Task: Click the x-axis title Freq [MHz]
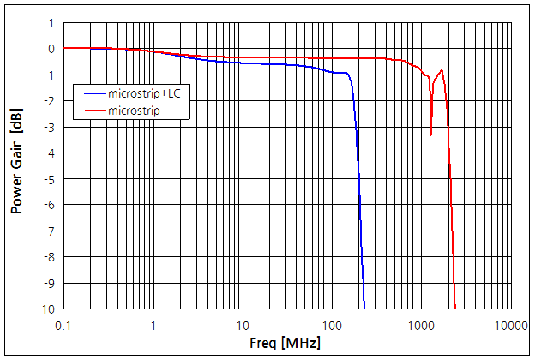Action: point(286,344)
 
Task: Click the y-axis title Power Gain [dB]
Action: point(15,166)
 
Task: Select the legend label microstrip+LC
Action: point(143,93)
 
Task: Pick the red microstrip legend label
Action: point(136,111)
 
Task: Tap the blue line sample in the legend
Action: point(92,93)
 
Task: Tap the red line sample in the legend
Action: point(92,111)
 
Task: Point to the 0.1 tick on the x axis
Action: point(63,326)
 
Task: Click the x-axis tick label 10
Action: point(242,326)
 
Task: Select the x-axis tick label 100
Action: point(331,326)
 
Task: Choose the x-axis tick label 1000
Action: point(420,326)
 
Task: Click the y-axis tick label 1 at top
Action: point(52,23)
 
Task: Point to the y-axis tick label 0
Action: point(52,49)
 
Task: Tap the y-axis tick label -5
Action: point(50,179)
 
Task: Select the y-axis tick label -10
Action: point(47,309)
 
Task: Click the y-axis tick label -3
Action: point(50,127)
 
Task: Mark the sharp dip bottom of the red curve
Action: point(430,135)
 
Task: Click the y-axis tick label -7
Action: point(50,231)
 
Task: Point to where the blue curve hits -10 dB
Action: point(364,308)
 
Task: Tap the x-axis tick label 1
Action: point(153,326)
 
